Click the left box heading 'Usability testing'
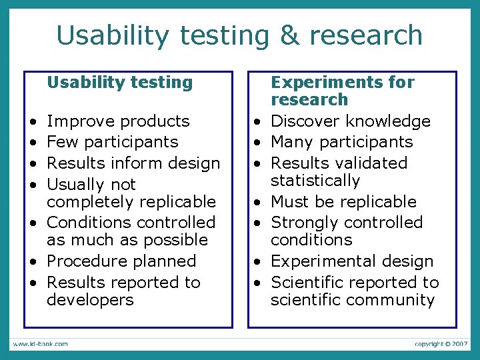(x=119, y=83)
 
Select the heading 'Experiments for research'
(x=342, y=91)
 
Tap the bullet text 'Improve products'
(x=118, y=121)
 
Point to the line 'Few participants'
(x=113, y=142)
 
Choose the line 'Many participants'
(x=341, y=142)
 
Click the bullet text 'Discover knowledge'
(x=350, y=121)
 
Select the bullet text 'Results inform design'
(x=133, y=163)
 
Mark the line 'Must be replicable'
(x=343, y=202)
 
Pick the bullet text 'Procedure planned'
(x=121, y=261)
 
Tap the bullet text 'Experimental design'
(x=352, y=261)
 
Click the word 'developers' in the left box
(x=90, y=300)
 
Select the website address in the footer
(x=39, y=344)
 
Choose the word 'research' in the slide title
(x=366, y=35)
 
